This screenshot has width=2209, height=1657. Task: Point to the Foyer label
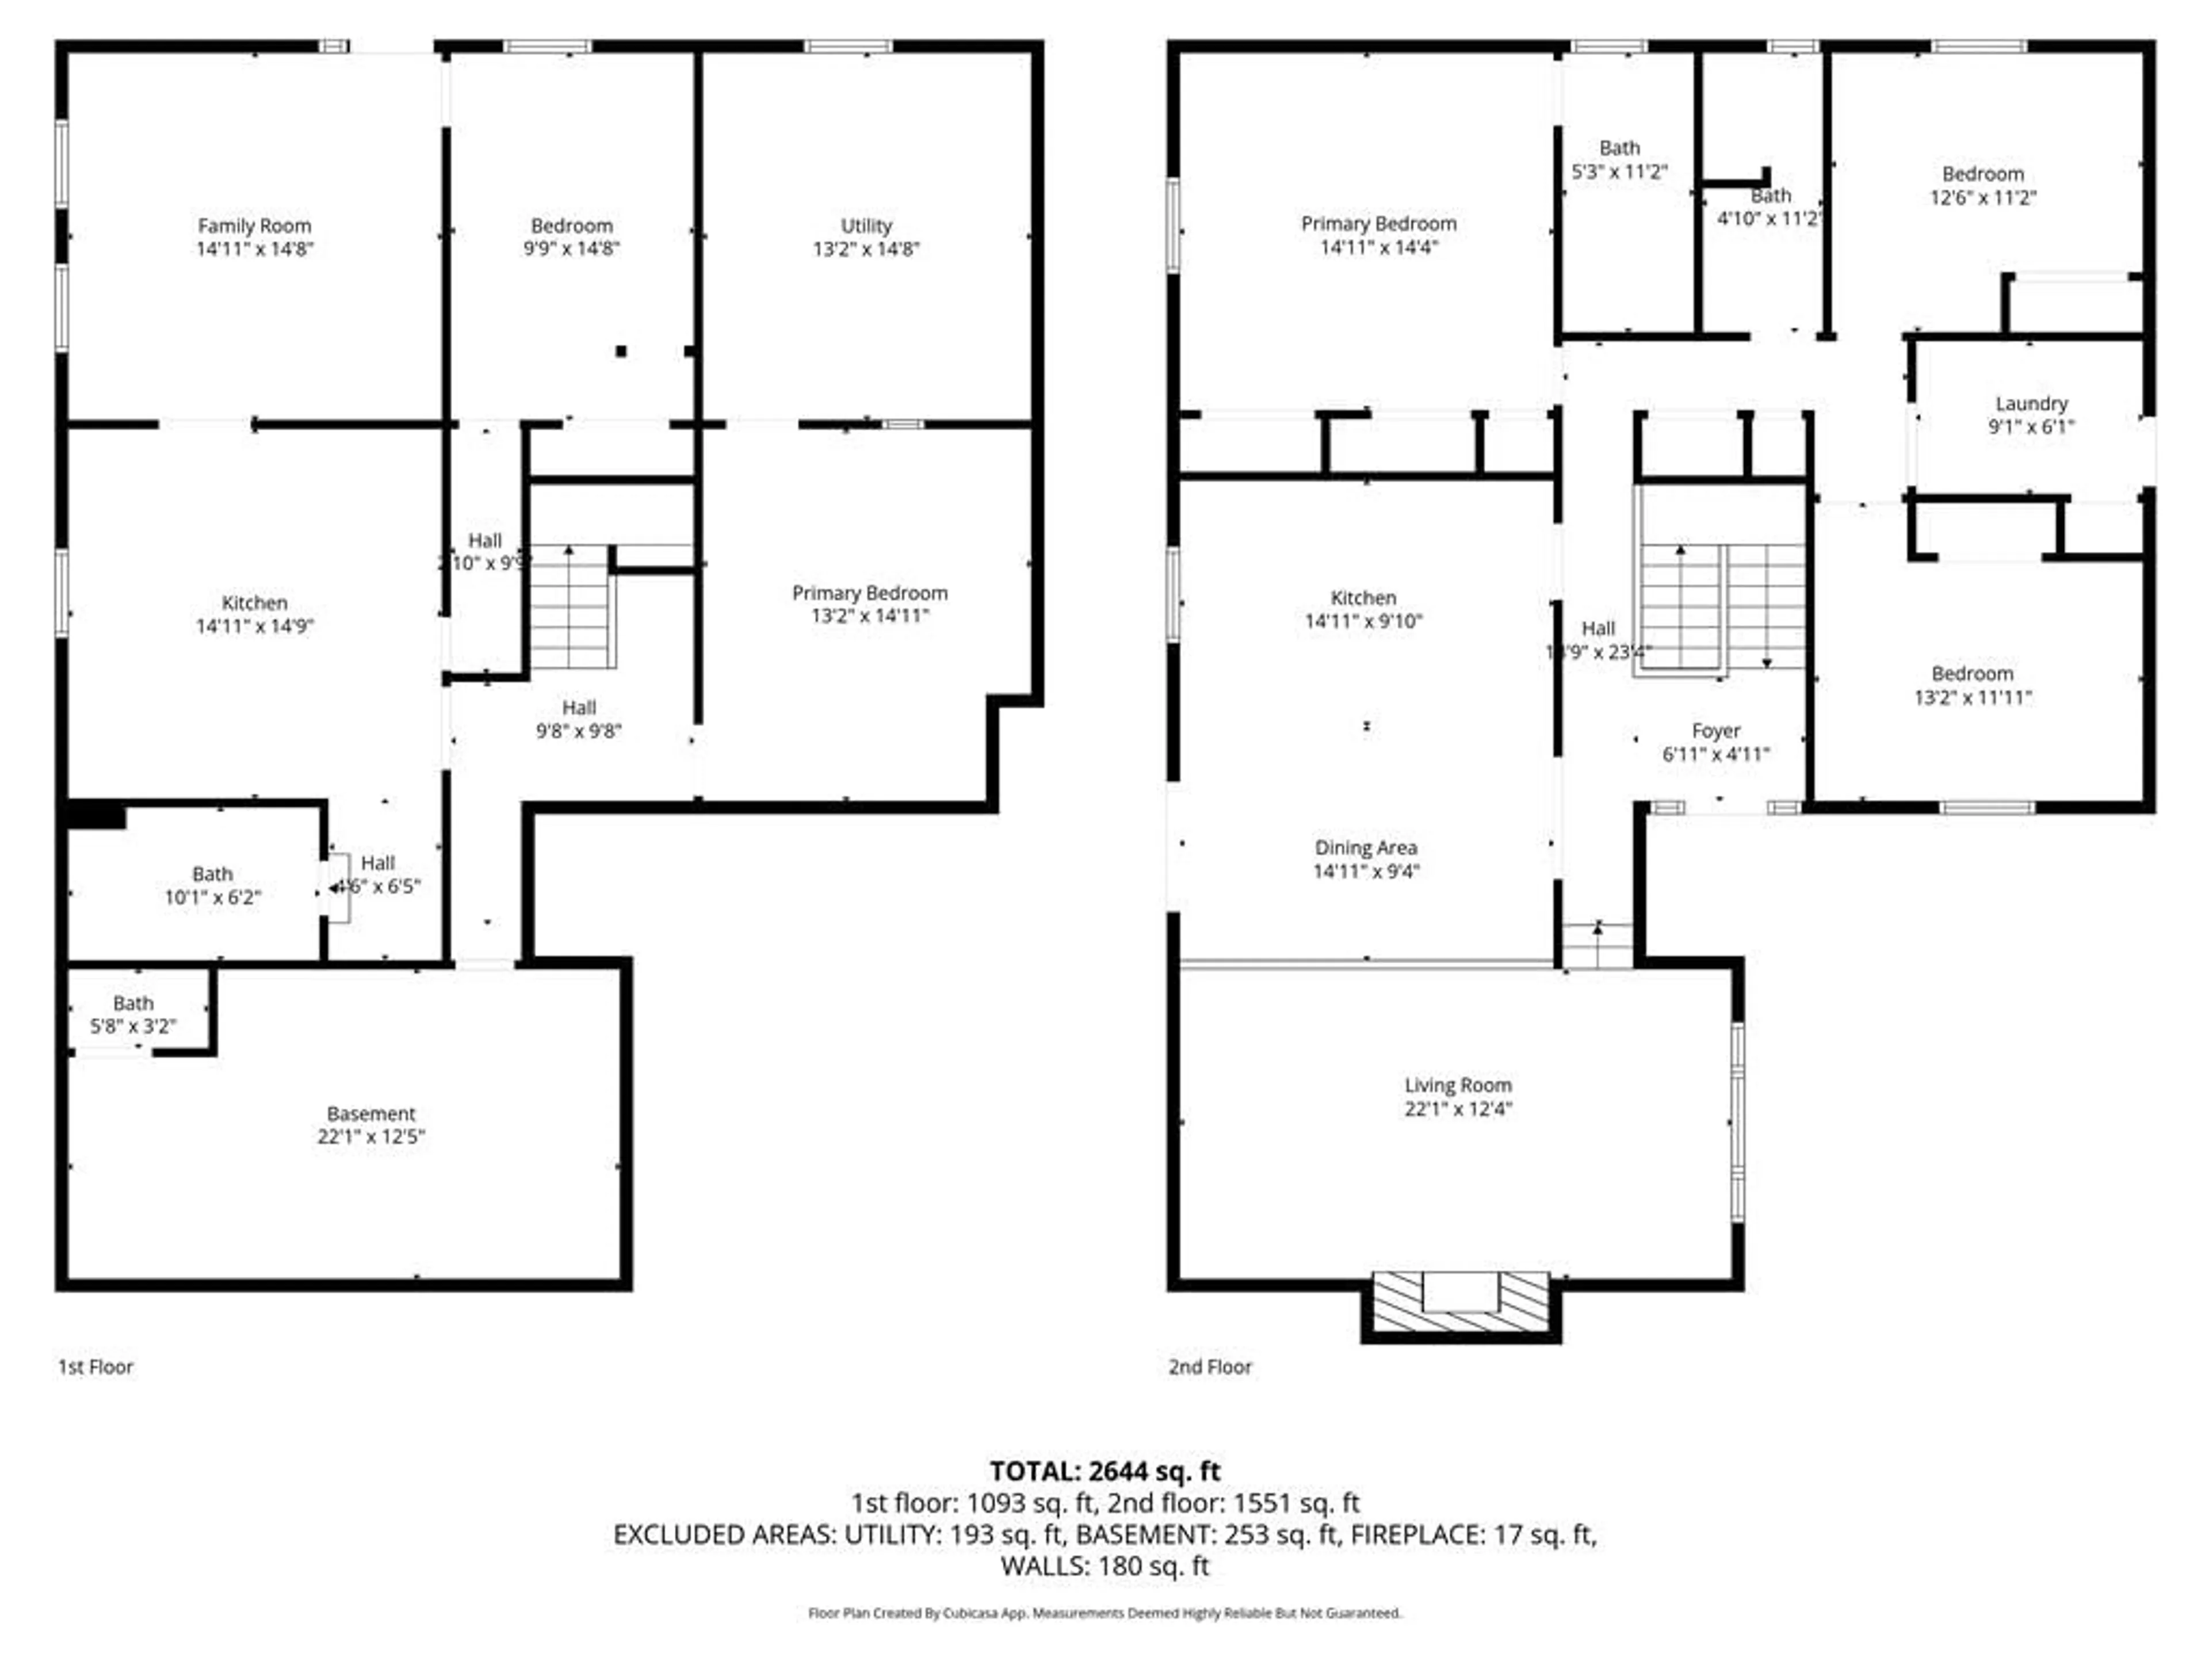coord(1715,731)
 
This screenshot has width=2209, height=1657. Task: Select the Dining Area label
coord(1365,848)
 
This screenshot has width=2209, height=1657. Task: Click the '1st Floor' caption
coord(95,1366)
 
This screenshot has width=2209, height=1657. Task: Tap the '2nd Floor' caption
coord(1209,1366)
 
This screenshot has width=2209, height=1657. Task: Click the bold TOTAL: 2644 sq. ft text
coord(1104,1471)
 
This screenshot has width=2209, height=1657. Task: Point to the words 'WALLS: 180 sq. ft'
coord(1104,1566)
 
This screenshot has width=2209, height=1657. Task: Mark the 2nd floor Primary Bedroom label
coord(1378,224)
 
